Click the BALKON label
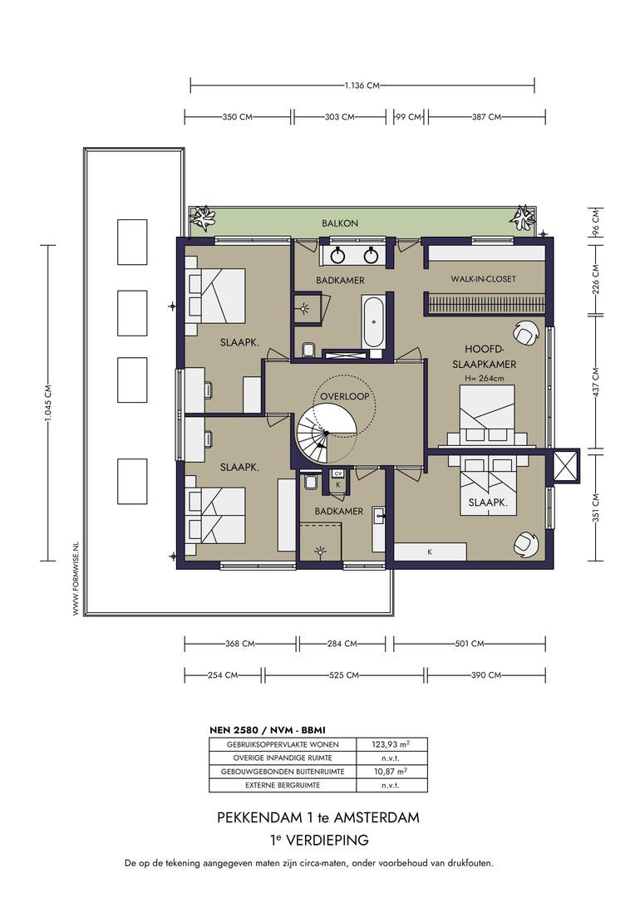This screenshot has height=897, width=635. click(340, 223)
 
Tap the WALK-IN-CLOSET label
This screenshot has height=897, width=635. click(483, 279)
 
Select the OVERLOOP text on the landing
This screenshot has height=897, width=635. click(344, 396)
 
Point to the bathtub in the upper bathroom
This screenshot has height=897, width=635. click(372, 321)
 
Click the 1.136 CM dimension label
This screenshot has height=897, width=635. click(362, 86)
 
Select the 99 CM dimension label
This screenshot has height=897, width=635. click(409, 117)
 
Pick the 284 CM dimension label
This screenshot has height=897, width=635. click(342, 644)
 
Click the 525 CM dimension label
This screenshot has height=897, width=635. click(344, 675)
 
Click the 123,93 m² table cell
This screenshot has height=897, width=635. click(391, 744)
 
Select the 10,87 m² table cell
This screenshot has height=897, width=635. click(391, 771)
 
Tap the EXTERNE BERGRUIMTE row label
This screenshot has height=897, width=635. click(283, 785)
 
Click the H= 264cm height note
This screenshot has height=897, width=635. click(485, 378)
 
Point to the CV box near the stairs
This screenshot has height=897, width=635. click(337, 473)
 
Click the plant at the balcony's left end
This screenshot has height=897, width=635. click(203, 218)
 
